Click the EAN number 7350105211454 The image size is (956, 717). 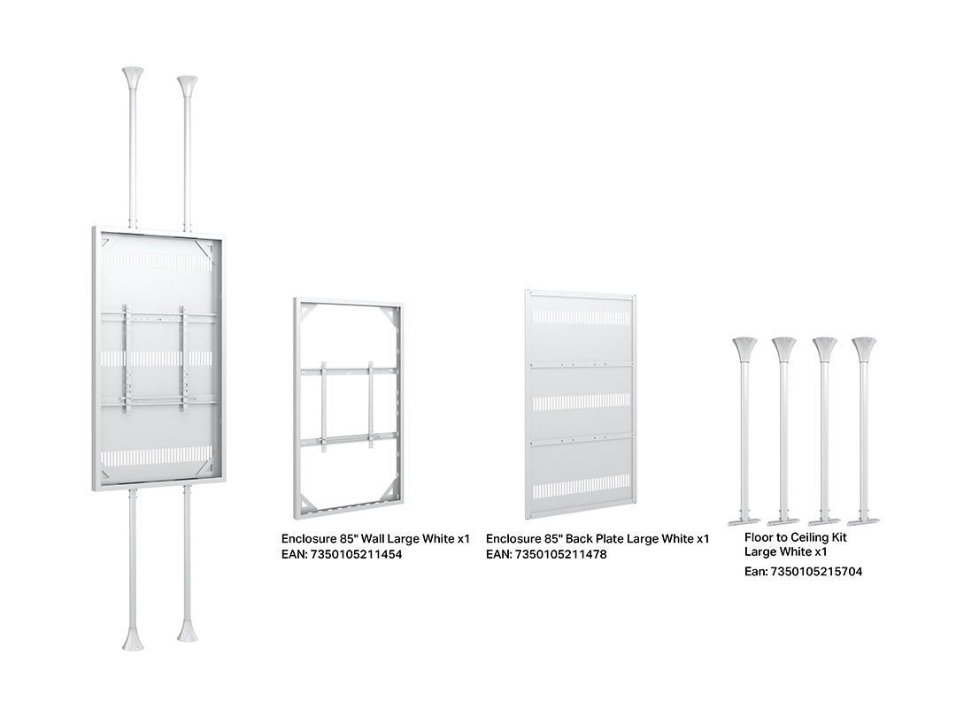[x=357, y=555]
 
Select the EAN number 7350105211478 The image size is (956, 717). [x=561, y=555]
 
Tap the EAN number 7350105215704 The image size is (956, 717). [x=816, y=572]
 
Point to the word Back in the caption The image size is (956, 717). [x=579, y=539]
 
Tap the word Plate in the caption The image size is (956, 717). [x=610, y=539]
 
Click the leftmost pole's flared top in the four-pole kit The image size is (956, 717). [x=744, y=349]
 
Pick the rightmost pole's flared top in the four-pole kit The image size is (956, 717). [x=864, y=349]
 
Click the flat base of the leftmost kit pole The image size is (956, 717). [x=744, y=520]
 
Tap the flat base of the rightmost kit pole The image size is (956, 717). [x=864, y=520]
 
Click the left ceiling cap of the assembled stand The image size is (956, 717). [x=133, y=77]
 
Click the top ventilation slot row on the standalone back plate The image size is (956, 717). [x=581, y=316]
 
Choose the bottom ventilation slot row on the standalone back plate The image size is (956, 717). [x=581, y=490]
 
